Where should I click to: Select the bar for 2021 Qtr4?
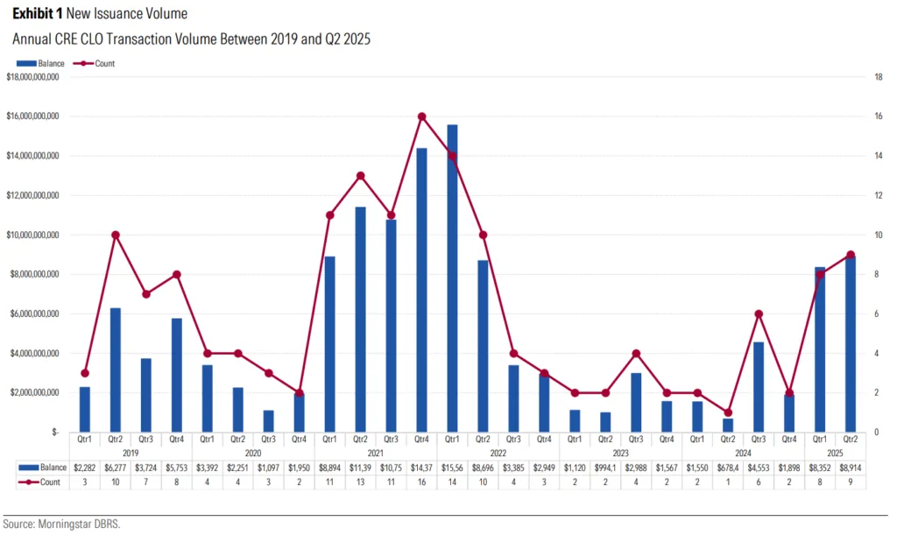tap(421, 290)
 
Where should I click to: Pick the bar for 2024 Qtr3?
tap(759, 386)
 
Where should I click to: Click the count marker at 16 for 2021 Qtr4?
tap(421, 116)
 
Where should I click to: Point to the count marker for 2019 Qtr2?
tap(116, 235)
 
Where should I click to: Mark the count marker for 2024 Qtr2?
tap(728, 412)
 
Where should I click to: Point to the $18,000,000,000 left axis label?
tap(32, 77)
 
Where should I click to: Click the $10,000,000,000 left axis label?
tap(32, 235)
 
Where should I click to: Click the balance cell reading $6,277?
tap(116, 468)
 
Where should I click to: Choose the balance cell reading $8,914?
tap(849, 468)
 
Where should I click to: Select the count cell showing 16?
tap(421, 482)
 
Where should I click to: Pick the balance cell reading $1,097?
tap(268, 468)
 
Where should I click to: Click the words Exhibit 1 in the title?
tap(36, 15)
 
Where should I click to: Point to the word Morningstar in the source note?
tap(62, 524)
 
